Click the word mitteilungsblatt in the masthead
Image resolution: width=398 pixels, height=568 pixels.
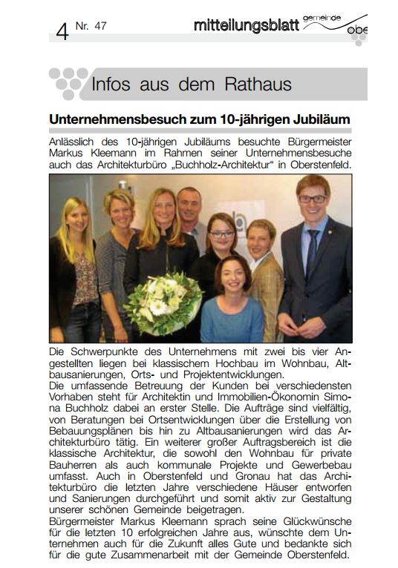(246, 25)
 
